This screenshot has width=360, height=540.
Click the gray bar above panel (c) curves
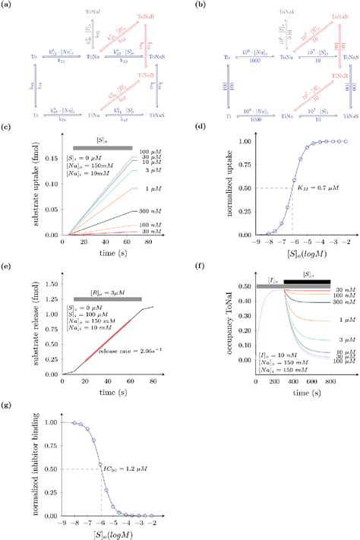click(103, 147)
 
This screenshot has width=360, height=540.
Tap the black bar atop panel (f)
click(310, 286)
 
